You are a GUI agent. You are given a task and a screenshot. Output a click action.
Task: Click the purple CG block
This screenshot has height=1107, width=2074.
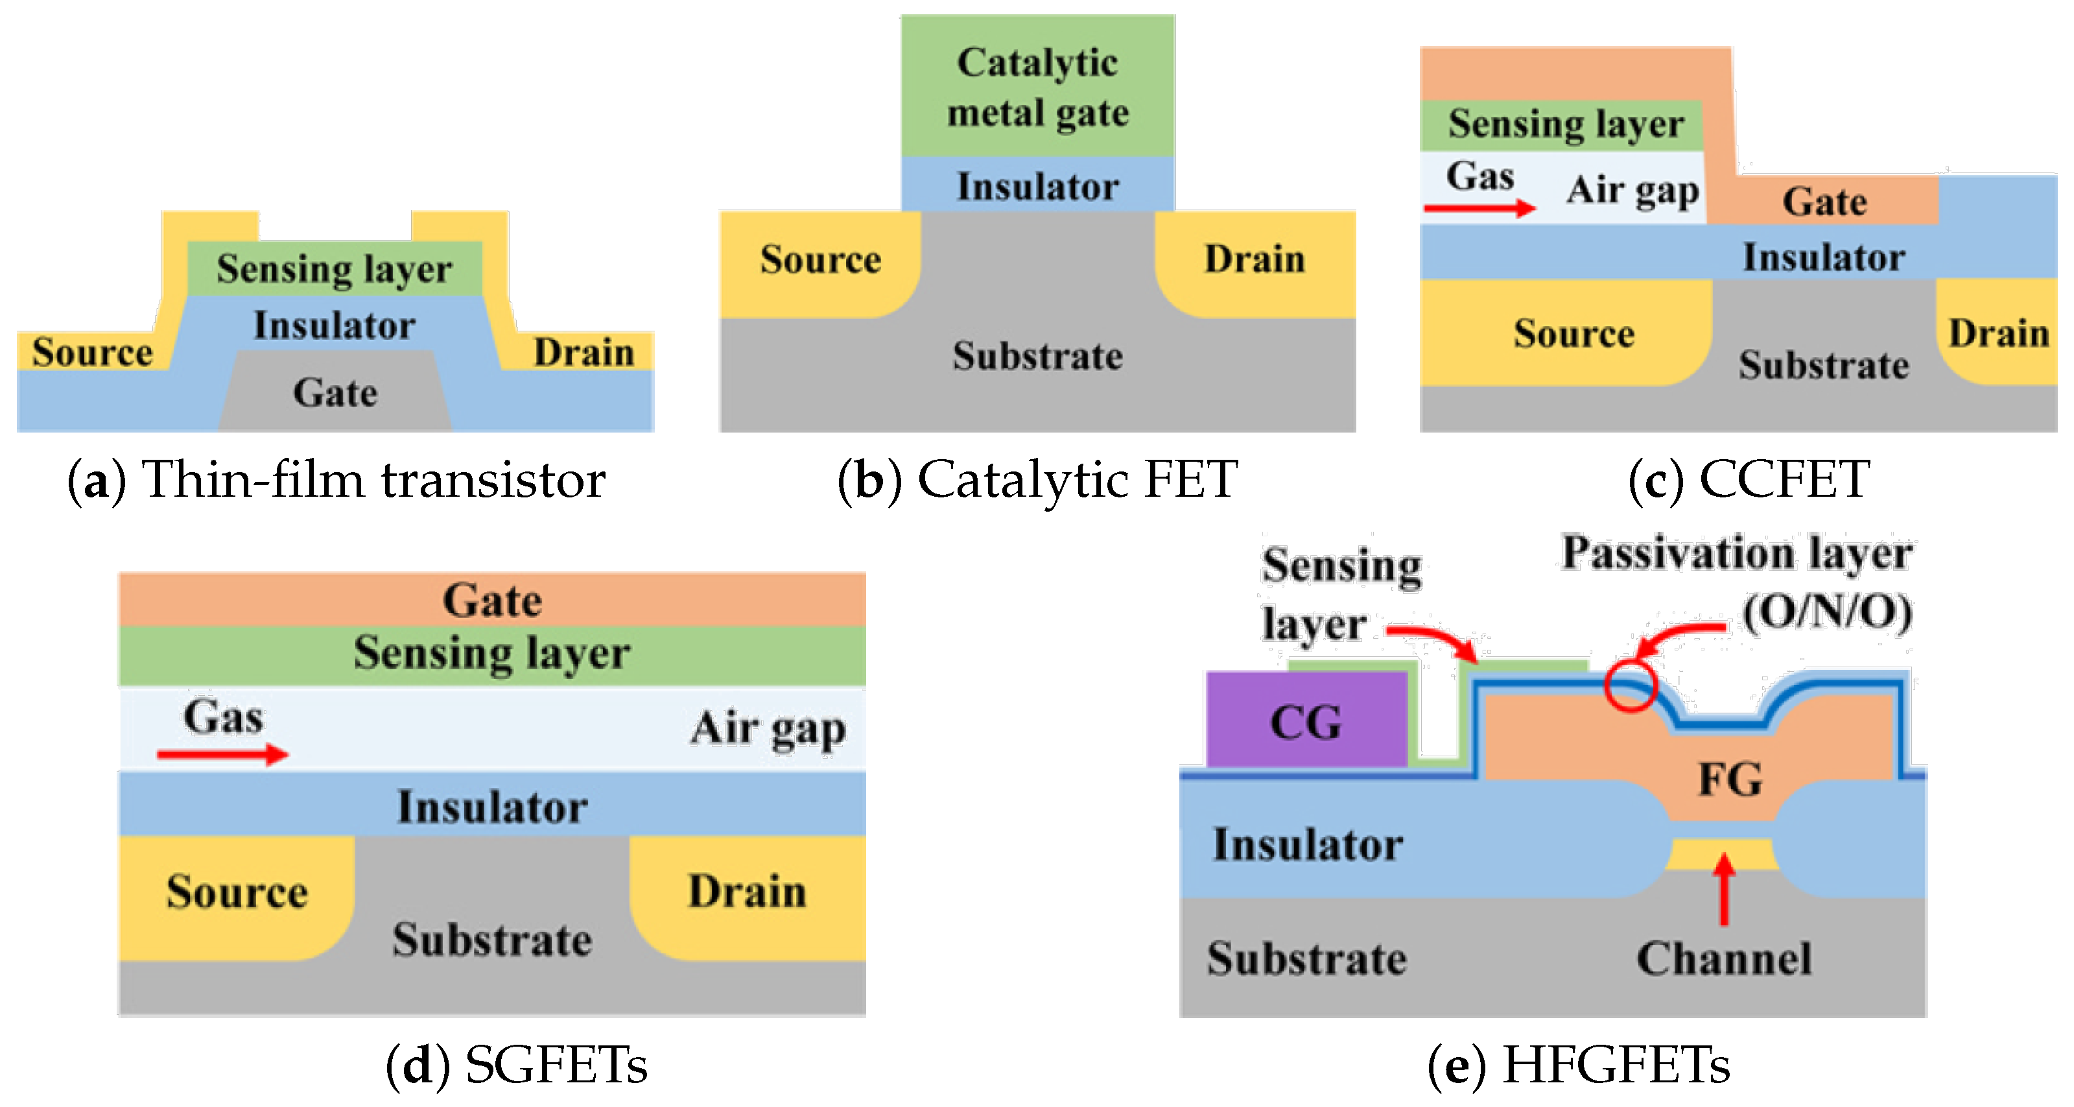coord(1306,719)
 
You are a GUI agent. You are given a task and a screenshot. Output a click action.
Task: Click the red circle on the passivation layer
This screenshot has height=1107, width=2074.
coord(1630,685)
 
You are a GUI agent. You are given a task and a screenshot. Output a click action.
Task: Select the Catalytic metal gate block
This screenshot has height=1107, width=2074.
coord(1037,86)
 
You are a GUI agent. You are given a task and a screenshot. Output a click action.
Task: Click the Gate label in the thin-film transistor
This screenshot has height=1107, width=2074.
coord(335,393)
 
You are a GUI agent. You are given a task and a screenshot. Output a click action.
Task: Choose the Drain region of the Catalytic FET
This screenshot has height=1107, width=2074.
coord(1254,259)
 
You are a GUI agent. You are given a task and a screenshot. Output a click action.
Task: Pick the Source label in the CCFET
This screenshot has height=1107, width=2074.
coord(1573,333)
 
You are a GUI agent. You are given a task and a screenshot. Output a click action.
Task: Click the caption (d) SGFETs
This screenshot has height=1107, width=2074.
coord(516,1064)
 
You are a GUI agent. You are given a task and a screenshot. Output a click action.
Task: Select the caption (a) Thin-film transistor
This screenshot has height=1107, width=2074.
coord(336,480)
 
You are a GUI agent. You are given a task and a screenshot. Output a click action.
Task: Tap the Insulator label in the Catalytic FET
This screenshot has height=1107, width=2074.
coord(1037,187)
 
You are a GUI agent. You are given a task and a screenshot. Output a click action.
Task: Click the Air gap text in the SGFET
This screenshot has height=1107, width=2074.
coord(767,729)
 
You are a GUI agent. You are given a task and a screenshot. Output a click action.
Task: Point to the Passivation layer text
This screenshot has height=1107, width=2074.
coord(1737,554)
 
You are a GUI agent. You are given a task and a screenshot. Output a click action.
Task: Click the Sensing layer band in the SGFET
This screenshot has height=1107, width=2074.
coord(492,653)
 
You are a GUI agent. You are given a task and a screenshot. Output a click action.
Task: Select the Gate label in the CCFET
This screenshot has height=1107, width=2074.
coord(1824,201)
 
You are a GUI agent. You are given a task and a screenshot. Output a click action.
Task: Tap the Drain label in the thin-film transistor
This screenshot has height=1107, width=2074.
coord(583,352)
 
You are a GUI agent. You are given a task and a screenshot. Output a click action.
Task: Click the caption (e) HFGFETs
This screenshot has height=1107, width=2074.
coord(1578,1064)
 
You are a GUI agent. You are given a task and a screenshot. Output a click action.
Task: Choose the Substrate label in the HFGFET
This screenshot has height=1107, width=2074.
coord(1306,958)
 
